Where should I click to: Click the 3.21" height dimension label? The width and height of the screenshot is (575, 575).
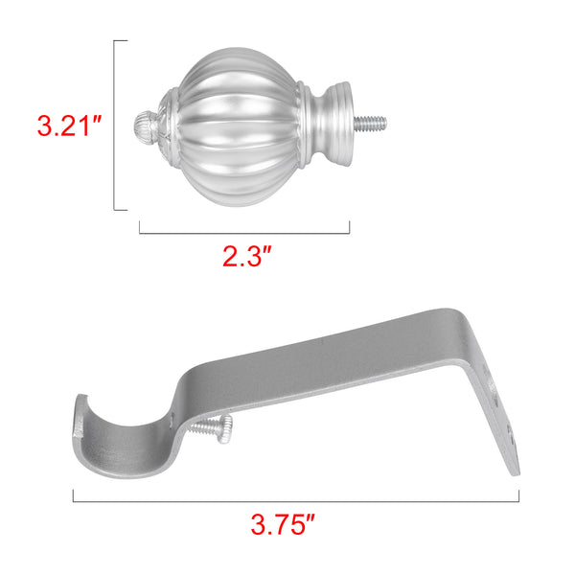[x=69, y=126]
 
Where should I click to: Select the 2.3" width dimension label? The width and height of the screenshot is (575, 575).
[x=247, y=256]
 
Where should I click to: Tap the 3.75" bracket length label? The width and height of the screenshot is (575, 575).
[x=283, y=524]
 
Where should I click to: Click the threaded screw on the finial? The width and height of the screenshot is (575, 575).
[x=370, y=123]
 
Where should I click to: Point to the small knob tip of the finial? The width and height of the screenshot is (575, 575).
[x=144, y=125]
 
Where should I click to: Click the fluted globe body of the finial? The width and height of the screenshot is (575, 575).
[x=239, y=126]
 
